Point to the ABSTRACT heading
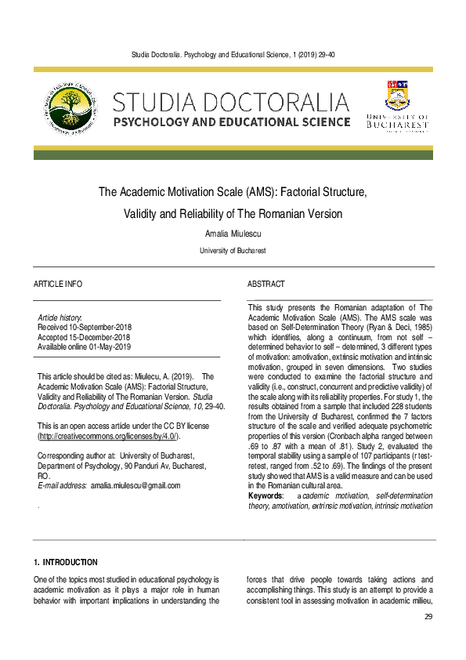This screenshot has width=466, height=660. click(x=266, y=284)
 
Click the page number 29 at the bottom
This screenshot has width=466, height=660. click(x=428, y=617)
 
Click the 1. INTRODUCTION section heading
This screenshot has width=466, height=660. click(x=66, y=562)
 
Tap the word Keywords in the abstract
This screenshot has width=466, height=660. click(x=265, y=496)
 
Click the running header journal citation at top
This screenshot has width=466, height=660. click(x=233, y=53)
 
